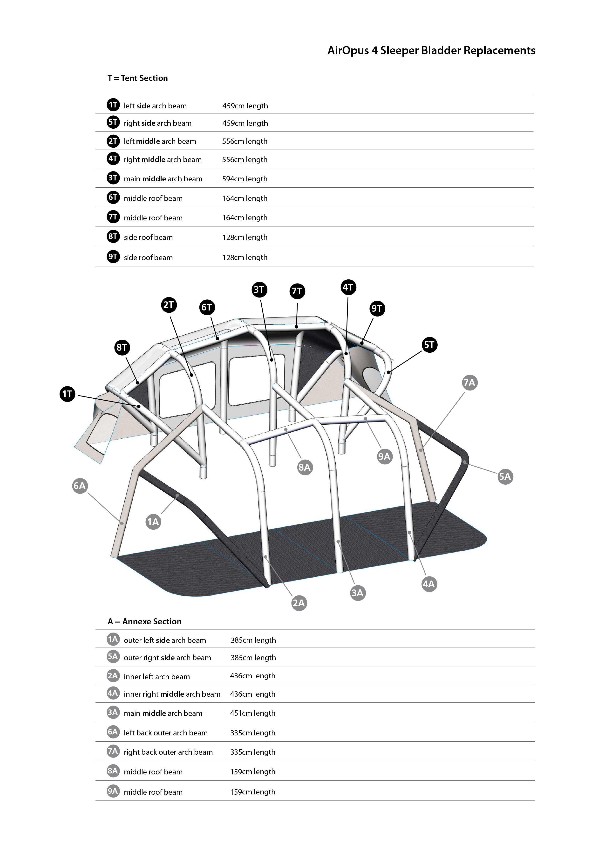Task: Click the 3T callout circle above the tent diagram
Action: (259, 290)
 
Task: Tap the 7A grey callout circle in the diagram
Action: (469, 383)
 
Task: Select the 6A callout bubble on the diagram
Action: (80, 486)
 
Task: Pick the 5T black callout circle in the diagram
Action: (429, 345)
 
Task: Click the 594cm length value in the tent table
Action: (245, 179)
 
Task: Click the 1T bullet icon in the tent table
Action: (113, 105)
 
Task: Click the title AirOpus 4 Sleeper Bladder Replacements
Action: (431, 50)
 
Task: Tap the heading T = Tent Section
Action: (137, 78)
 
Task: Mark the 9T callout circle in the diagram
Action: (377, 308)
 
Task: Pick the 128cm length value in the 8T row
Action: (245, 237)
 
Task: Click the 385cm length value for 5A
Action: (253, 658)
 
